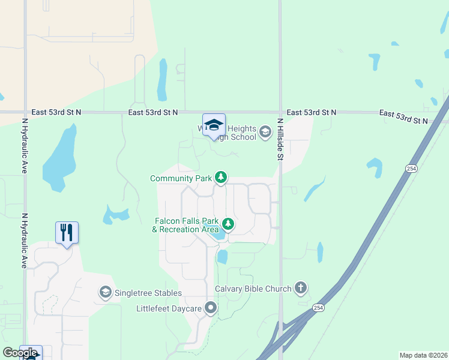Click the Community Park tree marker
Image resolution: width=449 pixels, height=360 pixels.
(221, 178)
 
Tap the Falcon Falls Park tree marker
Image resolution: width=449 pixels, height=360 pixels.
(228, 224)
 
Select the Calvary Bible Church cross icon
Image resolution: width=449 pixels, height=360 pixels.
(301, 289)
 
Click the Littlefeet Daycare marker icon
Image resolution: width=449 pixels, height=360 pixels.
(211, 308)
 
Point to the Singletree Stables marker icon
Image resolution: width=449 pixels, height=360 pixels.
(106, 292)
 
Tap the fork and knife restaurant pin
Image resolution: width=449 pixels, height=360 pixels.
(67, 232)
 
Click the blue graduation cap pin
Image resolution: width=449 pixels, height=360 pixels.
(214, 125)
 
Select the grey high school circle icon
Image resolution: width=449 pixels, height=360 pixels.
(265, 133)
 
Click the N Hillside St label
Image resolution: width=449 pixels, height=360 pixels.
(280, 139)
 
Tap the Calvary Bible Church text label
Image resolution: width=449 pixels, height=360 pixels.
(253, 289)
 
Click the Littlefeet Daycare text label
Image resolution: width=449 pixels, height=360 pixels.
(169, 308)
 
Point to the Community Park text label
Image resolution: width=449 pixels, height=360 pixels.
(181, 178)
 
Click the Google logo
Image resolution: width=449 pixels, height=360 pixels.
(19, 353)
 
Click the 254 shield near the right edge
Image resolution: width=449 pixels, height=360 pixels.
(411, 169)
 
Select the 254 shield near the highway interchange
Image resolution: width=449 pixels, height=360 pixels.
(318, 308)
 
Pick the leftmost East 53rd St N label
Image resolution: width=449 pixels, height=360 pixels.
(56, 112)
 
